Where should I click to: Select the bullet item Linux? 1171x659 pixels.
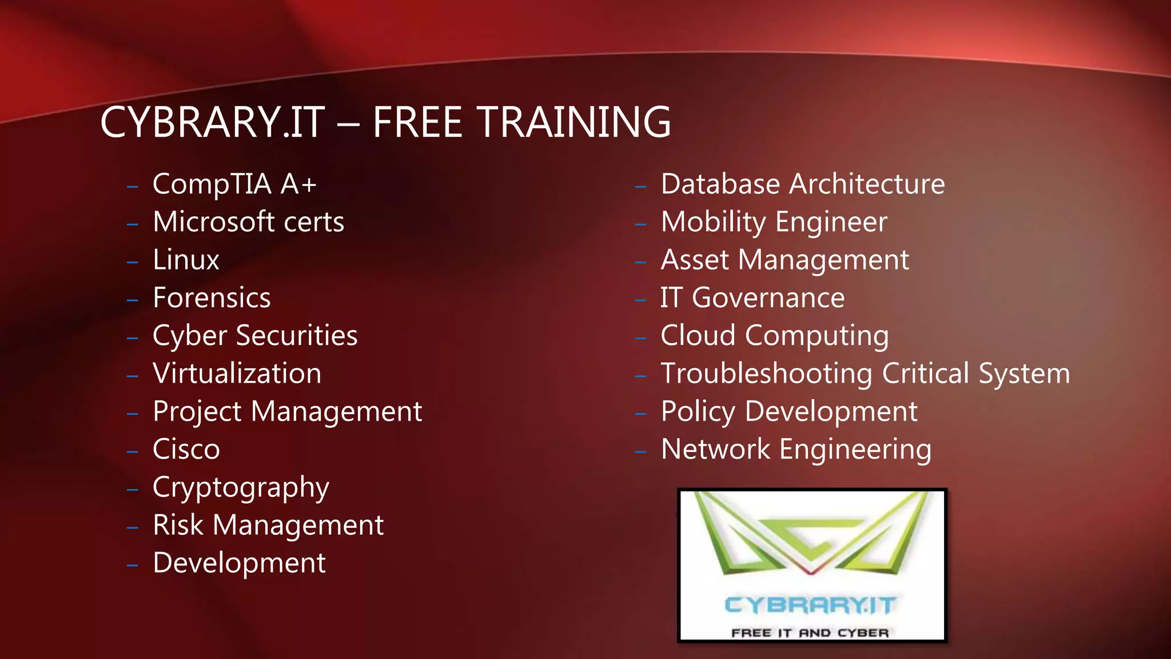(186, 260)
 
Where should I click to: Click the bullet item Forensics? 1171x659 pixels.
(212, 297)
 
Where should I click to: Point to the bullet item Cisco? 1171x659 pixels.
(186, 449)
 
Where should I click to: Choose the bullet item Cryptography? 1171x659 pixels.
(241, 488)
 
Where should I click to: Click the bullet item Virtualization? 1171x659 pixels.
(237, 374)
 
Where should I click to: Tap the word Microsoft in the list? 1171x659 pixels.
(213, 222)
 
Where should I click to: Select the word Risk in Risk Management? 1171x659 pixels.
(178, 525)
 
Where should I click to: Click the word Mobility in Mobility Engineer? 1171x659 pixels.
(713, 223)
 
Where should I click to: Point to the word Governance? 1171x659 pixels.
(768, 298)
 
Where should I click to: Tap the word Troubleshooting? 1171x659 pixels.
(766, 374)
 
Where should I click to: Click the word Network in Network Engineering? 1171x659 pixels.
(715, 449)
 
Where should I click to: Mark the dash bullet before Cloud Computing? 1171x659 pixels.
(640, 338)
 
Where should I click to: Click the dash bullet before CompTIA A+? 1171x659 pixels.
(133, 186)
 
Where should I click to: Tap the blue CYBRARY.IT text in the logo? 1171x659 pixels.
(810, 605)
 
